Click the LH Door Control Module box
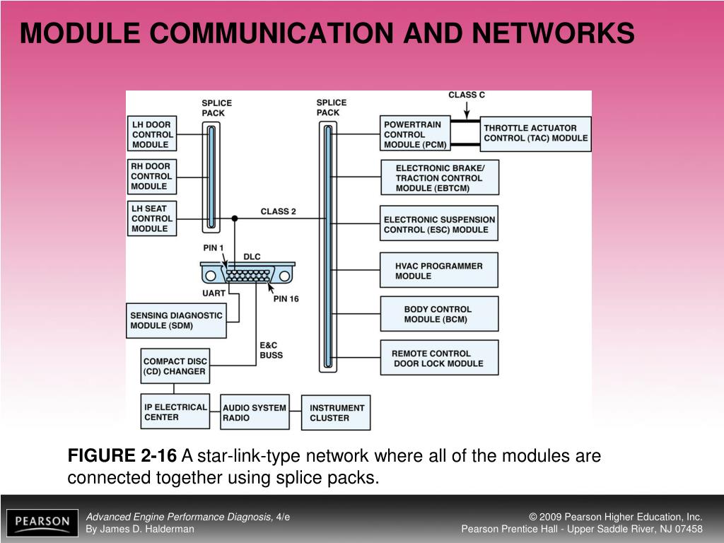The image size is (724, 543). click(152, 134)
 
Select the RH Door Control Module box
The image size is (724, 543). click(151, 177)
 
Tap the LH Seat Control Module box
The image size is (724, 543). click(152, 218)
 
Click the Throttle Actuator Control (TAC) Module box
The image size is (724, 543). click(535, 134)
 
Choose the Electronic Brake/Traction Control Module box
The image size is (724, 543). click(439, 177)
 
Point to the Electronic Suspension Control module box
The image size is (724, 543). click(439, 225)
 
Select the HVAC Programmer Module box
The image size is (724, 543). click(438, 271)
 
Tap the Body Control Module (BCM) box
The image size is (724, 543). click(438, 314)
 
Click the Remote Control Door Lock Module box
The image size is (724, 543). click(438, 358)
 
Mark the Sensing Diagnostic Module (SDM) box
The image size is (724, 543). click(177, 320)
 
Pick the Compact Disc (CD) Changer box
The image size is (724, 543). click(175, 366)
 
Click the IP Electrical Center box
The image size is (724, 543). click(175, 411)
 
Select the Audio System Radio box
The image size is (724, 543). click(255, 412)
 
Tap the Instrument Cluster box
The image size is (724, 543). click(337, 412)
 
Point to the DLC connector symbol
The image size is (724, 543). click(247, 274)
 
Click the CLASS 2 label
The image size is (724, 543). click(279, 211)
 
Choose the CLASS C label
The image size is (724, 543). click(467, 95)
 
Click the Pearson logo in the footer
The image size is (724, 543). click(42, 523)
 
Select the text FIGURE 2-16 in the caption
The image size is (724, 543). click(122, 456)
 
